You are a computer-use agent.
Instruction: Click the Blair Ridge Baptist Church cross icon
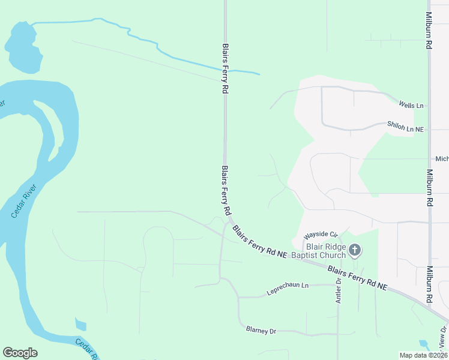(x=355, y=250)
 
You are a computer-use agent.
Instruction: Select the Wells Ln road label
(x=411, y=106)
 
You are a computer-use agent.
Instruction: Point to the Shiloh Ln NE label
(x=406, y=129)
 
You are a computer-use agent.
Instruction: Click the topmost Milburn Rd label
(x=429, y=30)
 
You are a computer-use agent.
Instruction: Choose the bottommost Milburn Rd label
(x=430, y=285)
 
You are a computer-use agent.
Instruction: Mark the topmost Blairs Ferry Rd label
(x=226, y=67)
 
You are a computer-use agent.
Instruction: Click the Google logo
(x=20, y=353)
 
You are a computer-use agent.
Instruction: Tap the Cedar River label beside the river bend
(x=23, y=202)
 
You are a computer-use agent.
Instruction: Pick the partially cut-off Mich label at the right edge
(x=442, y=159)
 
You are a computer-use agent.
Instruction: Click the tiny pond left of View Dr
(x=424, y=345)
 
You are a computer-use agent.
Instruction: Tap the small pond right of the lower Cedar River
(x=80, y=325)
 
